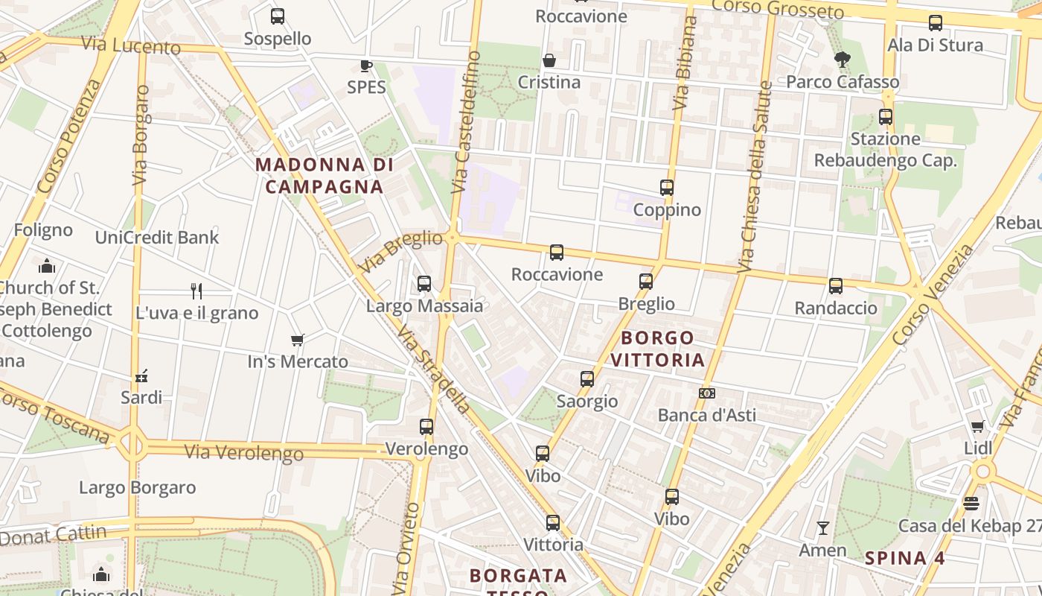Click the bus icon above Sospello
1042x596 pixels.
(x=278, y=16)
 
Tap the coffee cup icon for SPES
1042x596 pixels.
(x=366, y=66)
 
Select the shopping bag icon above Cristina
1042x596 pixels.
(x=549, y=60)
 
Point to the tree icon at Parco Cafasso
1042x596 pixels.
(x=843, y=60)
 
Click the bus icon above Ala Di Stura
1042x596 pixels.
(x=936, y=23)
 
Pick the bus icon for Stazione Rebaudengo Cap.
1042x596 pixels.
(x=885, y=117)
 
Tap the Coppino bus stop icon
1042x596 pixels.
(x=667, y=188)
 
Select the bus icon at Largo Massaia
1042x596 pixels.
(x=424, y=284)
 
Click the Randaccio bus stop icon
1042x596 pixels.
(x=836, y=286)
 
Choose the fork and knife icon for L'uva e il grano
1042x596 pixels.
(x=196, y=291)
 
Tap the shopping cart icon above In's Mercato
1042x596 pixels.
(x=298, y=340)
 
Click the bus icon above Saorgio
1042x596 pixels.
(x=587, y=379)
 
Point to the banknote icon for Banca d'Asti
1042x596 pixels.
(x=707, y=393)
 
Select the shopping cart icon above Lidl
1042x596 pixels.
(x=978, y=427)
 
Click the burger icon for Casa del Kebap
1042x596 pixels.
(x=971, y=504)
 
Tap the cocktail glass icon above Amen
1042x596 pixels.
(x=822, y=528)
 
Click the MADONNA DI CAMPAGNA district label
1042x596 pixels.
(x=324, y=176)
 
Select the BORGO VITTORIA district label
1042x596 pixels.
(x=657, y=349)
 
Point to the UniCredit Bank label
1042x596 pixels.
(x=157, y=238)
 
